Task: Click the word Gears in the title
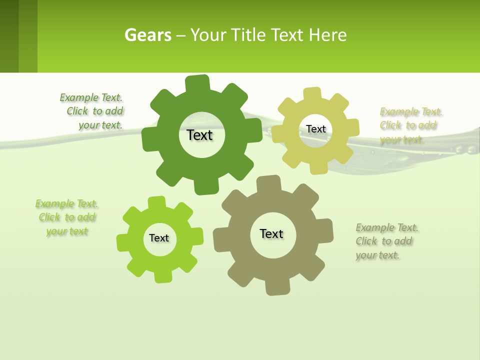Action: [147, 35]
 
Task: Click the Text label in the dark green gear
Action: [199, 135]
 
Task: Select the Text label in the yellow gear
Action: [315, 129]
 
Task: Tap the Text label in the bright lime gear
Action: [159, 238]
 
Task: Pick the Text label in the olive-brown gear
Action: [271, 233]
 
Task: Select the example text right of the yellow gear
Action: [410, 125]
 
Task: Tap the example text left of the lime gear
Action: [66, 217]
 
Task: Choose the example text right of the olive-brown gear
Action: [386, 241]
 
